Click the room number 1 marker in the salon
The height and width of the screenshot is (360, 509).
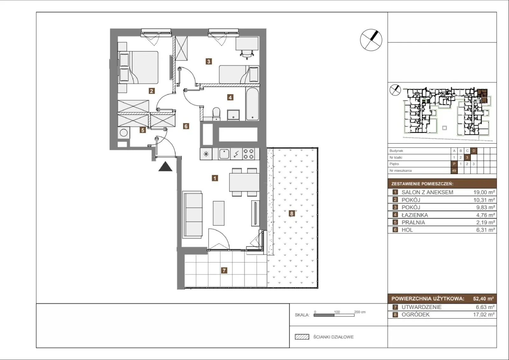(x=215, y=178)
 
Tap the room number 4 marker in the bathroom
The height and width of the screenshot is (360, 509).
(x=230, y=97)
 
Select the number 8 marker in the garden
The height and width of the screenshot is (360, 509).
(x=292, y=213)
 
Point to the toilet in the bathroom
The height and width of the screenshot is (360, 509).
(x=216, y=114)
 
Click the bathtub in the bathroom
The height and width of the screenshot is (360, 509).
(x=252, y=104)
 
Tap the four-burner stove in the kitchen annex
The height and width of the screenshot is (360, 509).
(x=248, y=154)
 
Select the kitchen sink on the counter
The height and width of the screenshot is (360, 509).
(x=224, y=154)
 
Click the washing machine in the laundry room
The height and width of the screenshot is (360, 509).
(x=124, y=133)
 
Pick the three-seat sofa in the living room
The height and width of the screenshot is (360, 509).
(x=192, y=215)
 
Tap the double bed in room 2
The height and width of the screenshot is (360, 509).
(x=138, y=67)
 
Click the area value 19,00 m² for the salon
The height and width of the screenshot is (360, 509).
(x=484, y=192)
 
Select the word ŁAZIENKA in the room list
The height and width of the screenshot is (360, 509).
(x=415, y=215)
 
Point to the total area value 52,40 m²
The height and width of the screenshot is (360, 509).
(x=483, y=299)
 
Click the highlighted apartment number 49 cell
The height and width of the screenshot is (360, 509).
(x=454, y=171)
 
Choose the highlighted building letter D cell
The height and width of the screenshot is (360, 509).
(x=474, y=151)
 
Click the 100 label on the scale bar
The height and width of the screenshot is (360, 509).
(x=337, y=312)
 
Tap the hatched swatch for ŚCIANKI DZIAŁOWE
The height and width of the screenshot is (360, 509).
(x=302, y=337)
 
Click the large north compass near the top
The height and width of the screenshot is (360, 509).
(x=371, y=40)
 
